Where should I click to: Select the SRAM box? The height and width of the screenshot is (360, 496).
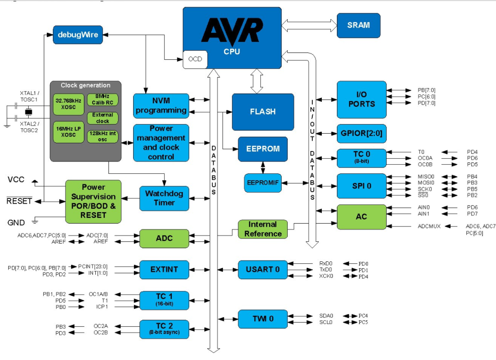pyautogui.click(x=358, y=25)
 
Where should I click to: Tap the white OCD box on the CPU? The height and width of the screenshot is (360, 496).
pyautogui.click(x=195, y=59)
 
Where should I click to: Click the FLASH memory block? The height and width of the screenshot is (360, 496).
pyautogui.click(x=263, y=112)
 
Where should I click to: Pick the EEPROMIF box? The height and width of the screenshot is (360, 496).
pyautogui.click(x=263, y=183)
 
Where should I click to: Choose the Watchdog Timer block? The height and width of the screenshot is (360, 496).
pyautogui.click(x=164, y=198)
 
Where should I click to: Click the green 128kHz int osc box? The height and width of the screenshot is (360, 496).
pyautogui.click(x=103, y=136)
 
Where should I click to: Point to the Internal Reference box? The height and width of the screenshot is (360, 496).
pyautogui.click(x=263, y=229)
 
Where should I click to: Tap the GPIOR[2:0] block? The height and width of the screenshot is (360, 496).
pyautogui.click(x=362, y=134)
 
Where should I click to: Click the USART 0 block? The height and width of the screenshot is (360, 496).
pyautogui.click(x=263, y=269)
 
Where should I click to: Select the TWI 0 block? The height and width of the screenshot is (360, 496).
pyautogui.click(x=263, y=319)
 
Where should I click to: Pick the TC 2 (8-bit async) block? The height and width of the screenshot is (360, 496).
pyautogui.click(x=164, y=329)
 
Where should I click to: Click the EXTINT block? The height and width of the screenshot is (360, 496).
pyautogui.click(x=164, y=270)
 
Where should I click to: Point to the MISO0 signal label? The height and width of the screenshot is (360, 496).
pyautogui.click(x=426, y=176)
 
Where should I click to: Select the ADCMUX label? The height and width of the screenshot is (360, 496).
pyautogui.click(x=429, y=226)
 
